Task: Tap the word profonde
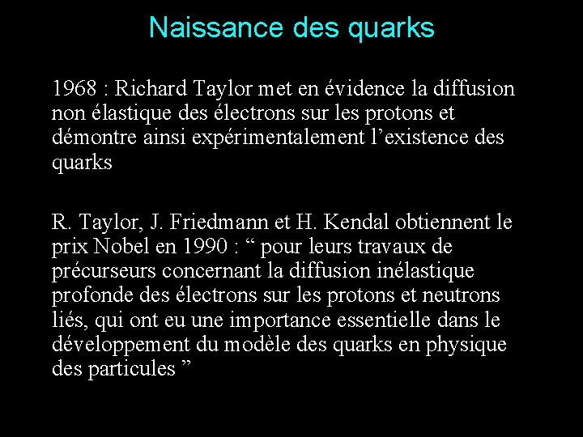pyautogui.click(x=89, y=295)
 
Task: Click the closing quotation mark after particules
pyautogui.click(x=188, y=365)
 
